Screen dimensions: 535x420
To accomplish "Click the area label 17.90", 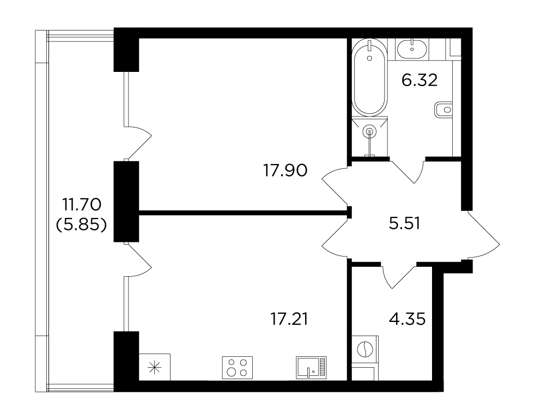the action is [285, 171].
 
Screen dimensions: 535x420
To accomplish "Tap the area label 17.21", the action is [289, 319].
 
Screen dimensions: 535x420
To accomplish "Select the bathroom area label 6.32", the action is [420, 81].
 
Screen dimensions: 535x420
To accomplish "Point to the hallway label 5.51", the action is [404, 223].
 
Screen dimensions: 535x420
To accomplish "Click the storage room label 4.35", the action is [407, 319].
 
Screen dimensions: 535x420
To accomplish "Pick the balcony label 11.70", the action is [82, 205].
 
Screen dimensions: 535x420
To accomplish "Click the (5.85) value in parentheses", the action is [82, 225].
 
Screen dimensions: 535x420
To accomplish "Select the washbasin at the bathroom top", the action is [412, 48].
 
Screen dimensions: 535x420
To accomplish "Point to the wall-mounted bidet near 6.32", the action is [443, 109].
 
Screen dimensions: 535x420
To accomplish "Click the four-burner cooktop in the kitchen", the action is [238, 368].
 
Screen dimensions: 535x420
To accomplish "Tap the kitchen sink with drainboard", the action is [311, 368].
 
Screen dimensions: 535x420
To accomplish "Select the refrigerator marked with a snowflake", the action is [155, 367].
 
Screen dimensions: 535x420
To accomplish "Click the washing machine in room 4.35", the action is [364, 349].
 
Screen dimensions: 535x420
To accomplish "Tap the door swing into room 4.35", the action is [400, 276].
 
